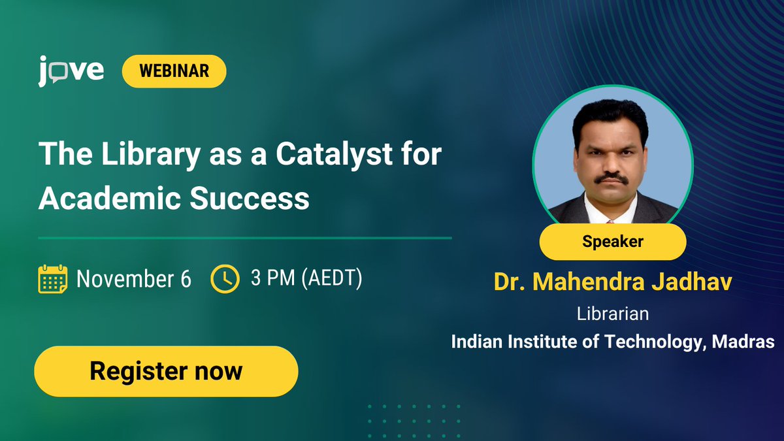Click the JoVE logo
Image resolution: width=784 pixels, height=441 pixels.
tap(71, 71)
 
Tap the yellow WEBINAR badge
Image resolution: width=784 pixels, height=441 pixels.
tap(174, 71)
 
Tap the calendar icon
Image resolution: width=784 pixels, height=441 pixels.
tap(53, 279)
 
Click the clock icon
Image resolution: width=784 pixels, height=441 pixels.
tap(225, 279)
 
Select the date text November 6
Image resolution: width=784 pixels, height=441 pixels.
tap(134, 279)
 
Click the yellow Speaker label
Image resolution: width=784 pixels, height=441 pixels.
tap(612, 241)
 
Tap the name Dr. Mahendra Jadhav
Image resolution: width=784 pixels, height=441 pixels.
tap(612, 282)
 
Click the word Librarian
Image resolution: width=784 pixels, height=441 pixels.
tap(612, 314)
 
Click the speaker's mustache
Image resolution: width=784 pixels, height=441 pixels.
tap(612, 177)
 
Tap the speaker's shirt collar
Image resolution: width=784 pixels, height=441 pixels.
tap(611, 209)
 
